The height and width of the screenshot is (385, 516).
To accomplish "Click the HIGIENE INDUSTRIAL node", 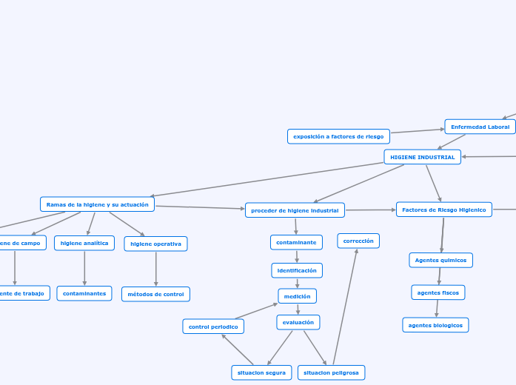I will pos(422,157).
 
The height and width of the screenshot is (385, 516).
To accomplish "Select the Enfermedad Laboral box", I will pos(480,127).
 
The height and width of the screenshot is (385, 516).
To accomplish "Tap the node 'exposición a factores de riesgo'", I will pos(338,136).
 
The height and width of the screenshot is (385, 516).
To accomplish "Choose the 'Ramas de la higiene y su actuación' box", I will pos(97,204).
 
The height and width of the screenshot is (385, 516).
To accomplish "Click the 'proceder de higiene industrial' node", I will pos(295,210).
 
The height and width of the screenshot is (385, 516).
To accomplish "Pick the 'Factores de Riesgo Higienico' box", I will pos(443,210).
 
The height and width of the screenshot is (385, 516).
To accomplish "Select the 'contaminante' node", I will pos(296,242).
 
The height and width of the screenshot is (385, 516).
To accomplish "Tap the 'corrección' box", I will pos(358,241).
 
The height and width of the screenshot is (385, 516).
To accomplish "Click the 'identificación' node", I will pos(297,270).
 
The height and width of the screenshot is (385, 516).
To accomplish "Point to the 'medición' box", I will pos(297,296).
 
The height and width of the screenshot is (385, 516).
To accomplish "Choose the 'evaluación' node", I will pos(298,322).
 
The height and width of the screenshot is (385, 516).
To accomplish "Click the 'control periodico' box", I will pos(213,327).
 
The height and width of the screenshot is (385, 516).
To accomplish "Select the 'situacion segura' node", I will pos(261,372).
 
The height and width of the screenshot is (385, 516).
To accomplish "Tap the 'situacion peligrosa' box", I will pos(331,372).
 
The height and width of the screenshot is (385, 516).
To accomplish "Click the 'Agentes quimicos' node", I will pos(440,260).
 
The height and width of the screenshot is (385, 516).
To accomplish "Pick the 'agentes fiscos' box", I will pos(438,292).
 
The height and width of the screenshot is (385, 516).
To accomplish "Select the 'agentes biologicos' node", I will pos(435,325).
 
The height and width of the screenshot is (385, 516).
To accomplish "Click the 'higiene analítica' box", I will pos(84,243).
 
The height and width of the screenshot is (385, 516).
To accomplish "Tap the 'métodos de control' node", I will pos(155,294).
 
